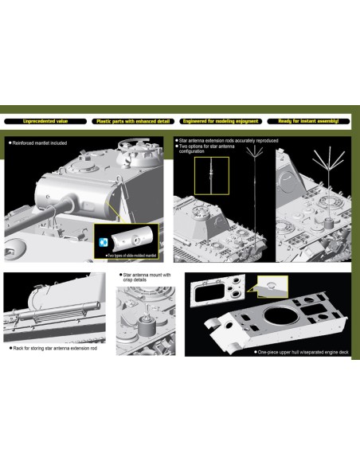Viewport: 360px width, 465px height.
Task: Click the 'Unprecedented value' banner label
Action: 42,121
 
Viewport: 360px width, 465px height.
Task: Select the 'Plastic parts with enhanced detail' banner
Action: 131,121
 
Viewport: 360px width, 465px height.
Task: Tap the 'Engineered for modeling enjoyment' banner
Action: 221,121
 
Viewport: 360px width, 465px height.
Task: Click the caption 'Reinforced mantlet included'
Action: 41,143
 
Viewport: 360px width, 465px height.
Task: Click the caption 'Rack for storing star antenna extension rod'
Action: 57,349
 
